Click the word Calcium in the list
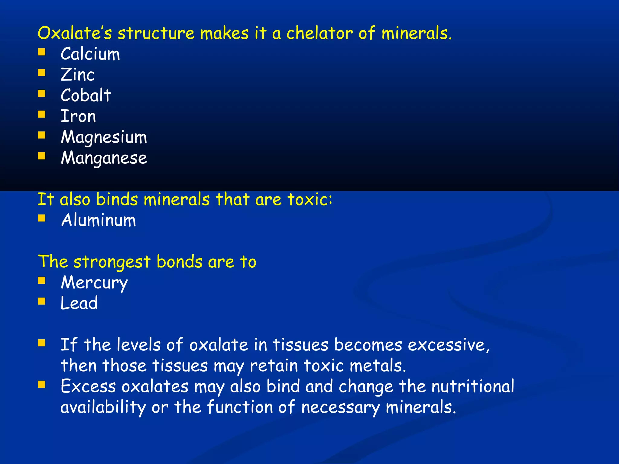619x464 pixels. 90,54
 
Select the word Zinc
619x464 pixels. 77,75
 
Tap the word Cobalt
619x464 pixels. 86,95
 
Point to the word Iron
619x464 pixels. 78,116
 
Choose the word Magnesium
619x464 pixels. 104,137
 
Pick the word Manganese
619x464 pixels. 104,158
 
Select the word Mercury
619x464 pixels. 94,283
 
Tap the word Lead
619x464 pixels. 79,303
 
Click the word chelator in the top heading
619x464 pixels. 319,33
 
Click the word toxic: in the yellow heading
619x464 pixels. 310,200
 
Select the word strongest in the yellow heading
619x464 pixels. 112,262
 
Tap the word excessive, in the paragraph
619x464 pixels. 449,345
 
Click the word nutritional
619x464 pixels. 473,386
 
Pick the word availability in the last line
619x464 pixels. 103,407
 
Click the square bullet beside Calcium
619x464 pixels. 42,52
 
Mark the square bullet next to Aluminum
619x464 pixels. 42,218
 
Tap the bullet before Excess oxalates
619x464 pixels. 42,384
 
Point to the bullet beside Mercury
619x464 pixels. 42,281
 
